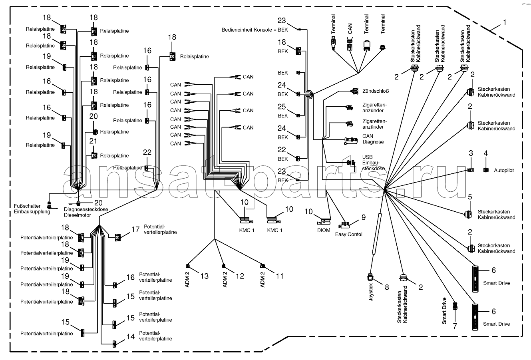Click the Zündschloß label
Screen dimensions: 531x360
point(376,91)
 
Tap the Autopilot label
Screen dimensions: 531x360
point(504,170)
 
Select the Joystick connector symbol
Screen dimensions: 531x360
point(370,277)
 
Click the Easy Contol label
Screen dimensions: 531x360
point(348,235)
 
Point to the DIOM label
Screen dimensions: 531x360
point(324,231)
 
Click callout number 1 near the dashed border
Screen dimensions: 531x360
point(505,22)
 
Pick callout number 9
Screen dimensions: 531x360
point(364,217)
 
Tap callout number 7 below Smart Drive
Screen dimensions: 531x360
point(455,326)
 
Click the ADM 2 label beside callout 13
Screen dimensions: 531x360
point(187,280)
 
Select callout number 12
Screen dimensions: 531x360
point(240,276)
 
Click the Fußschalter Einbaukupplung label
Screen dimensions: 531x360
point(32,209)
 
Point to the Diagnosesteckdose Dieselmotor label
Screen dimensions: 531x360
point(86,212)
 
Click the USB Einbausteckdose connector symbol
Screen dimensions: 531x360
point(351,163)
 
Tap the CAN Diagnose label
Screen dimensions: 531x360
point(373,139)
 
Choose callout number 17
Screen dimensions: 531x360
point(135,229)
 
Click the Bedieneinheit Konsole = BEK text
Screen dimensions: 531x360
point(255,30)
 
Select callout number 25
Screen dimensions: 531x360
point(282,107)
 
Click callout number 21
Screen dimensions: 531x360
point(93,141)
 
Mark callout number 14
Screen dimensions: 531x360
point(131,336)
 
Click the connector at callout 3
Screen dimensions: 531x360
point(471,170)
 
